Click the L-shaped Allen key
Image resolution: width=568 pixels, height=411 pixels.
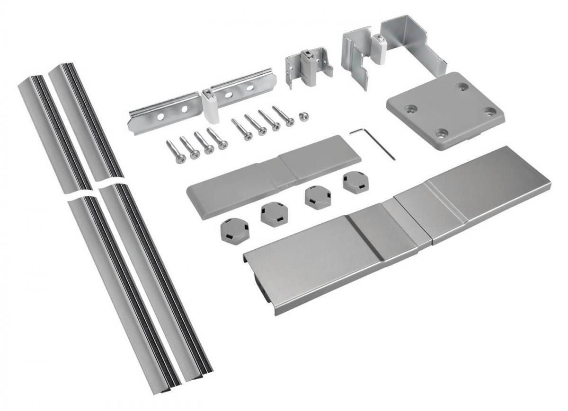point(373,141)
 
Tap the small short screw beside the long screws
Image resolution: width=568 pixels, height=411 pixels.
point(303,116)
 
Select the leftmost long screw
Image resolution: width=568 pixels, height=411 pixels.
point(176,152)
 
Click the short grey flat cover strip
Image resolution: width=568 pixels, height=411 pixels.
point(275,175)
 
